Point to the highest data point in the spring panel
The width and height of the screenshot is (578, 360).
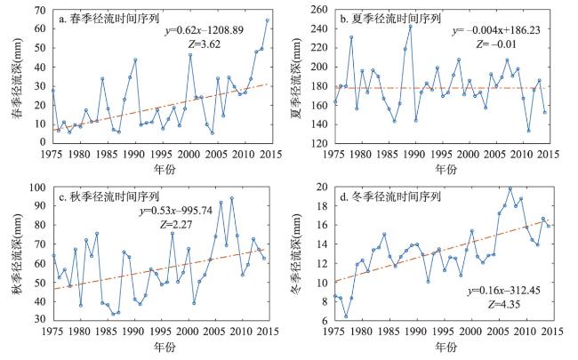[x=267, y=20]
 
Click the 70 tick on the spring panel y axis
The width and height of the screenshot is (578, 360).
[x=42, y=9]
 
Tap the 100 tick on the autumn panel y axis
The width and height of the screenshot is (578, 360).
[x=39, y=188]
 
